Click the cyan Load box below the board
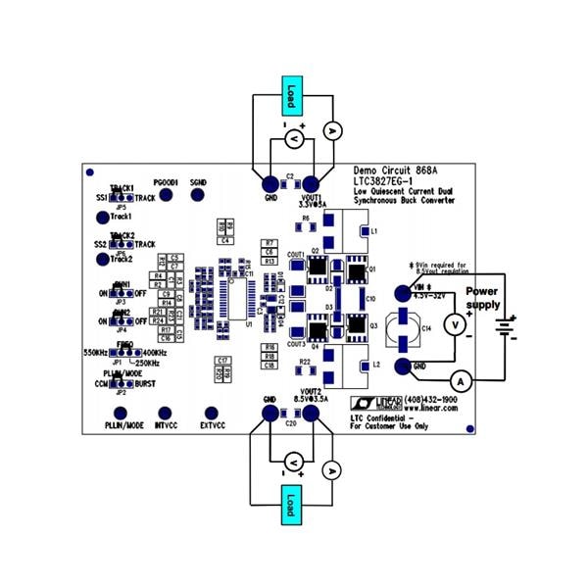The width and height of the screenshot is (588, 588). coord(290,503)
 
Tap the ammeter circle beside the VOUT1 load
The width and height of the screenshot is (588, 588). coord(331,130)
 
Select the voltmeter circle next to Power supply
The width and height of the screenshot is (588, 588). coord(454,323)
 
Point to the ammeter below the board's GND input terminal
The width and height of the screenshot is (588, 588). coord(460,378)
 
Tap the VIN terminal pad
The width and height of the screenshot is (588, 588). coord(402,293)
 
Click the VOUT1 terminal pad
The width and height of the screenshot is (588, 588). coord(313,184)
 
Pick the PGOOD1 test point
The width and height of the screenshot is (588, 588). coord(166,196)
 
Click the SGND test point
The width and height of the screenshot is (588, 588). coord(199,196)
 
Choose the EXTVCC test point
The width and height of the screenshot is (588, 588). coord(210,414)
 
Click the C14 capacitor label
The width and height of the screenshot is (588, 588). coord(426,328)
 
